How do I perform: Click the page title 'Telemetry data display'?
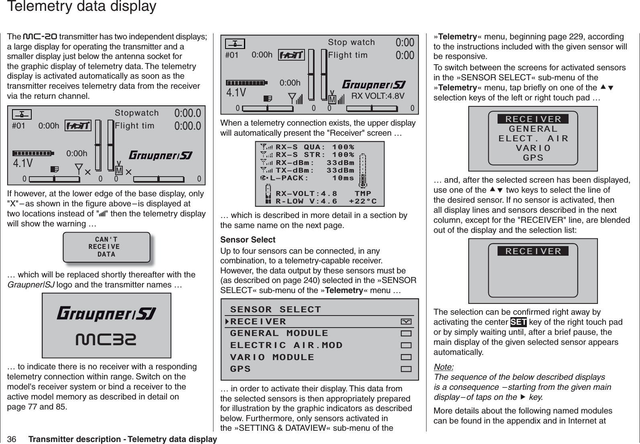click(82, 7)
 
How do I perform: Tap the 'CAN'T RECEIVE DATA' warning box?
click(106, 247)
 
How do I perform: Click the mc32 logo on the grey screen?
click(106, 340)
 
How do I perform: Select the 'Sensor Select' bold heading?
click(248, 240)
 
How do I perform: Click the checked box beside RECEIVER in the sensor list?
click(406, 322)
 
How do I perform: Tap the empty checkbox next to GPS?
click(406, 369)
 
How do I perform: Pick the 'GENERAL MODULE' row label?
click(279, 333)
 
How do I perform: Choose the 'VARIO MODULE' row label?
click(272, 357)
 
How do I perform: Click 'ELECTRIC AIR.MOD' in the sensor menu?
click(286, 345)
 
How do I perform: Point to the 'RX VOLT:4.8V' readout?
click(378, 96)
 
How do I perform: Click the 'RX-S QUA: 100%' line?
click(315, 147)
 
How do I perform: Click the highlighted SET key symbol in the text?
click(518, 322)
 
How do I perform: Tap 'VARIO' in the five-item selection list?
click(533, 148)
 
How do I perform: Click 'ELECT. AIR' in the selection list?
click(533, 138)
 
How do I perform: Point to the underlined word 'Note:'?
click(444, 367)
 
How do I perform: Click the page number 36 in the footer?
click(12, 439)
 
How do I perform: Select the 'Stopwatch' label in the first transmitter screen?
click(137, 113)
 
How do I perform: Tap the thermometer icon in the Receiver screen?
click(363, 171)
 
